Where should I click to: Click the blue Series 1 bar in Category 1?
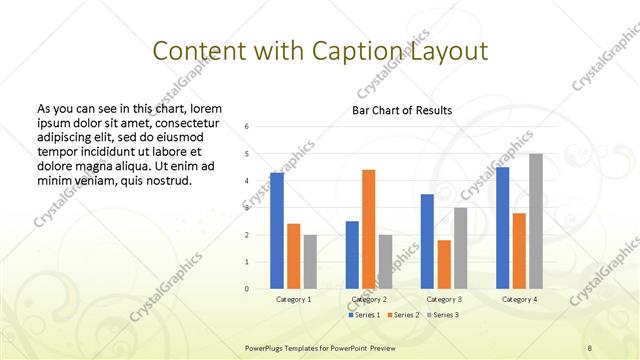(x=276, y=231)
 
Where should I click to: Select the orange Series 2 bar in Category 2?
(x=369, y=229)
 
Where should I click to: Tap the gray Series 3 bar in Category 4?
(x=536, y=221)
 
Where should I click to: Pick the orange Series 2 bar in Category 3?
(x=445, y=264)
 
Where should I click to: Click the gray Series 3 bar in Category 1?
(x=310, y=262)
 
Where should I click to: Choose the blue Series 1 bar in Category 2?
(x=352, y=255)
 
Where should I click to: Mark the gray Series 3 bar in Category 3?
(x=461, y=248)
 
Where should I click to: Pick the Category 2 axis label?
(x=370, y=299)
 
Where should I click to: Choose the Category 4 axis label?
(x=519, y=299)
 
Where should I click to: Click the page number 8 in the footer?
(x=590, y=346)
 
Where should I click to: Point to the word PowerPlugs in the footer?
(x=267, y=346)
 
